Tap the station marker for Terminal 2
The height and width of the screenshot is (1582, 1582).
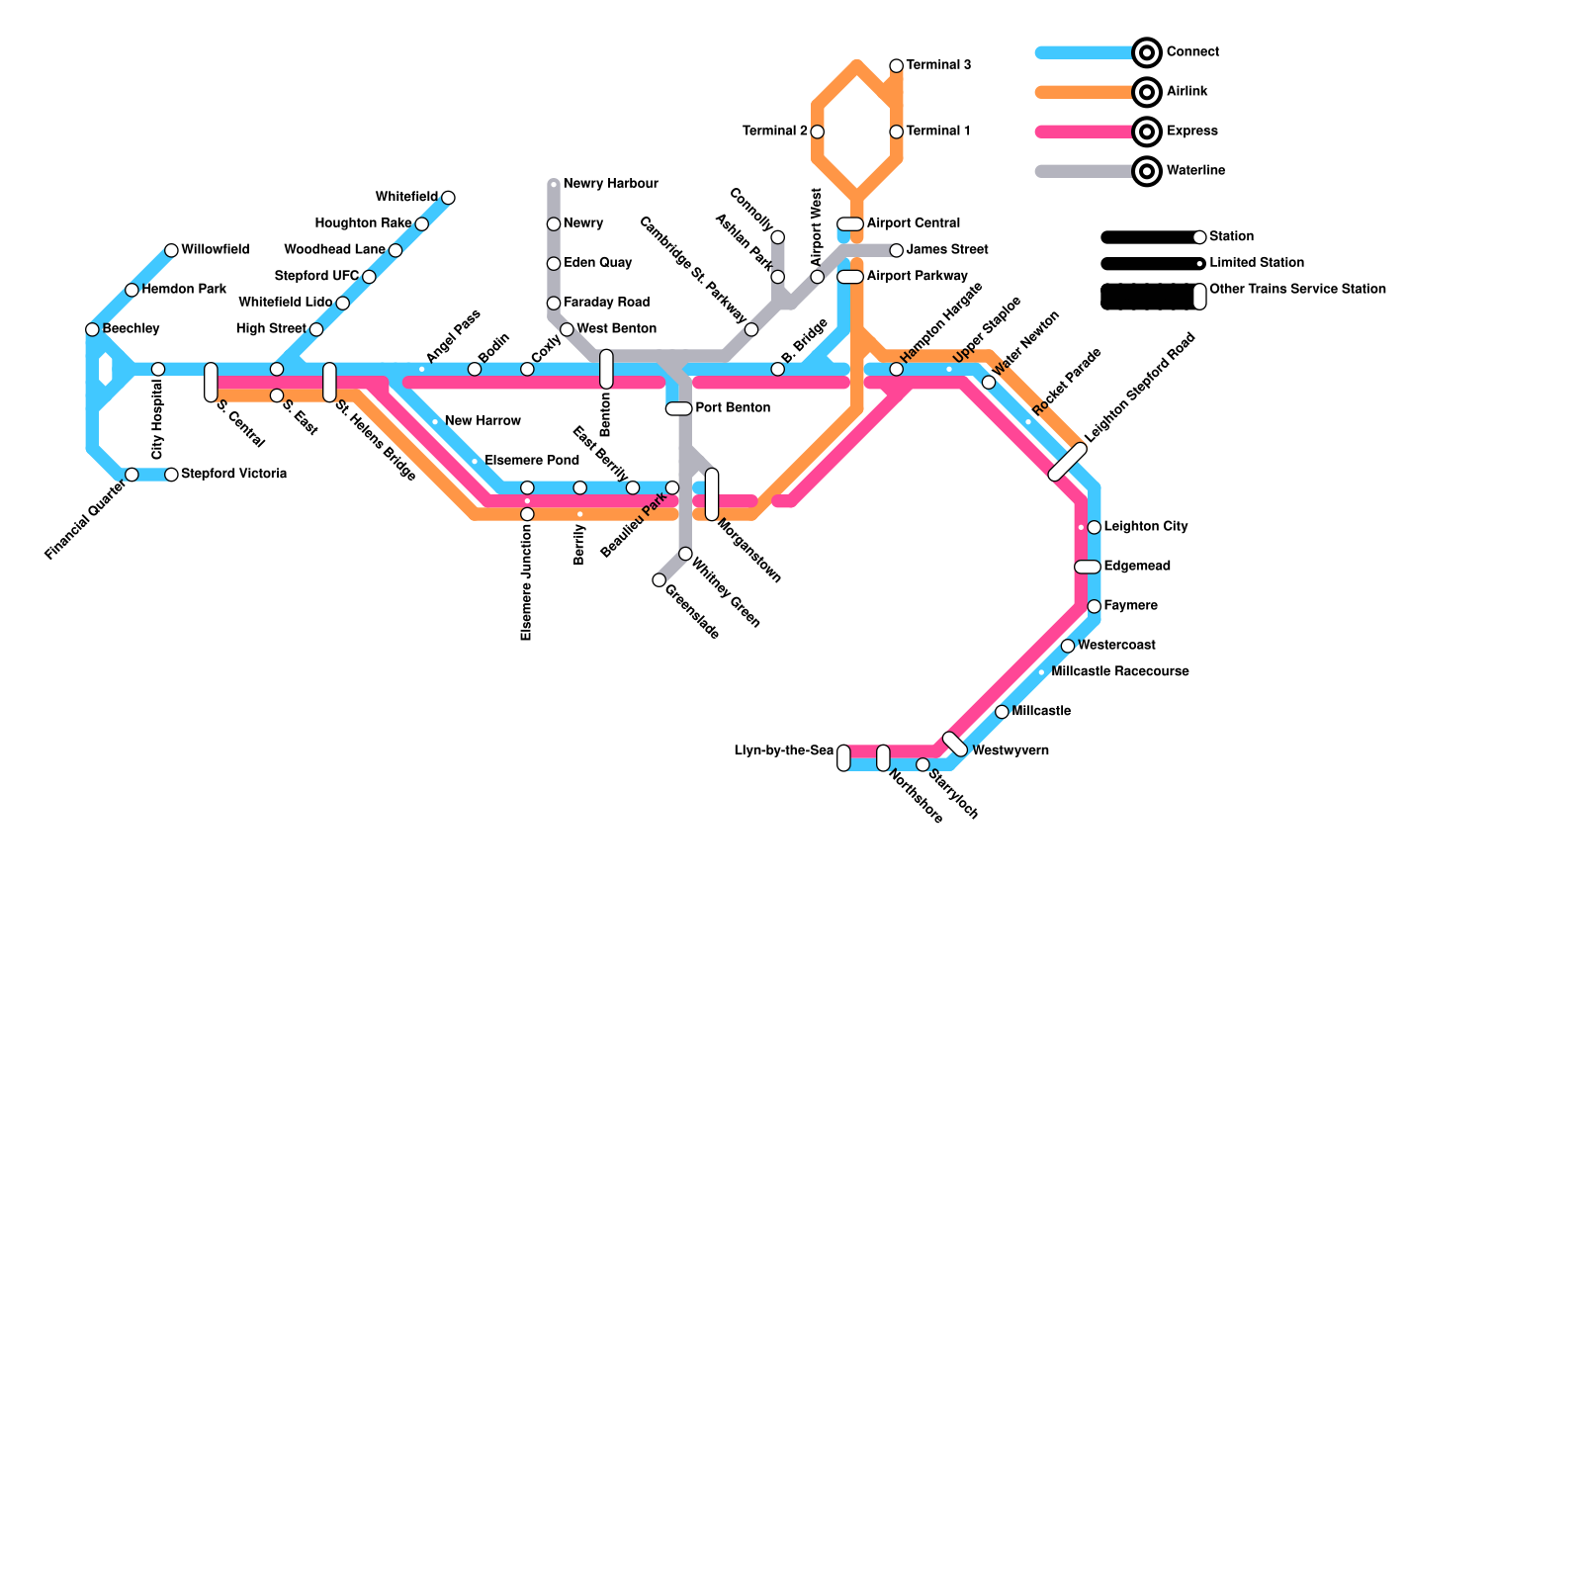point(817,132)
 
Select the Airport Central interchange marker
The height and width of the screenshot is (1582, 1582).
point(850,224)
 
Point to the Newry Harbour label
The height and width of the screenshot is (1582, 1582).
point(610,184)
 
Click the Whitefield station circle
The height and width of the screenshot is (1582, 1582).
point(448,198)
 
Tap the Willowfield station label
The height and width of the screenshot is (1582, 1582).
point(215,250)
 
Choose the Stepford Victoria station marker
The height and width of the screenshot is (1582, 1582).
point(171,475)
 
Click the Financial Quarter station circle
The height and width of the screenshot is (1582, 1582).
point(132,475)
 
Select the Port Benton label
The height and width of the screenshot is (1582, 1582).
point(733,408)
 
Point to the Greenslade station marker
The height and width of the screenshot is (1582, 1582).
point(659,580)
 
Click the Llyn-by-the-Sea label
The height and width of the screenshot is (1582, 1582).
point(783,751)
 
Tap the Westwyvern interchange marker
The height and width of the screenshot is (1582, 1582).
point(955,745)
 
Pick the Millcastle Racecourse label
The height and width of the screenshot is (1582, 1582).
point(1119,672)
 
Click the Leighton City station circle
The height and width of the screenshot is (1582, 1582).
point(1094,527)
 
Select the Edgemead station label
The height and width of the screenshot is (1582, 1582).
point(1137,567)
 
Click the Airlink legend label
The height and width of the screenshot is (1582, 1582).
point(1186,92)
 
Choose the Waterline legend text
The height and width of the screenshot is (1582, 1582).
point(1195,171)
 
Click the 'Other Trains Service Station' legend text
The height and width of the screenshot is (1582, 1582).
point(1297,290)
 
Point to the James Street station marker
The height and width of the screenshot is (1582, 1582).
point(896,250)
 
